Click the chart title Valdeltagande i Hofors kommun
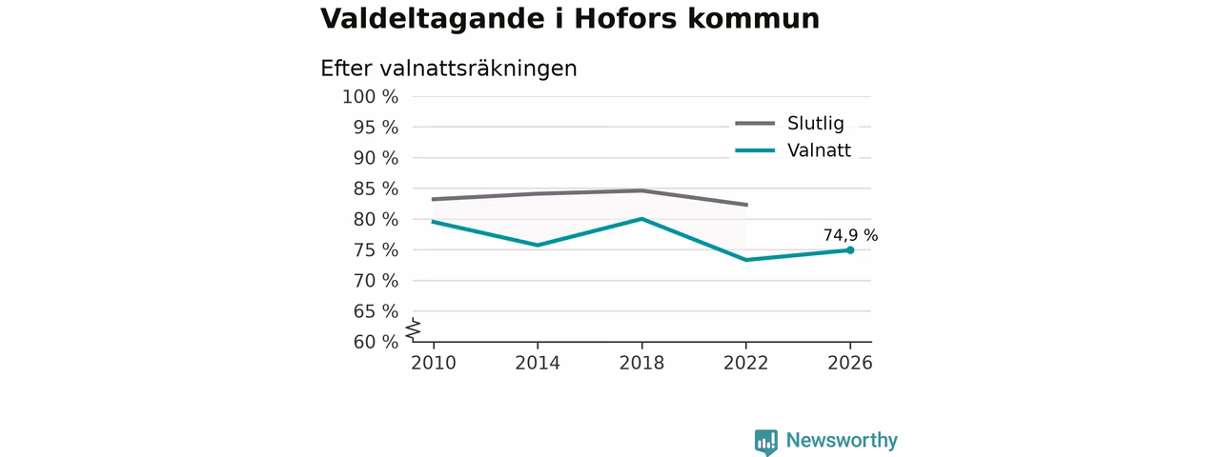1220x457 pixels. [570, 19]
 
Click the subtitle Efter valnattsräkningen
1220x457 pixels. [448, 70]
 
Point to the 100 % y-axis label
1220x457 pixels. [371, 97]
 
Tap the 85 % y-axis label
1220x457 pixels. [376, 189]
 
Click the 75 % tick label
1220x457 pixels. [376, 250]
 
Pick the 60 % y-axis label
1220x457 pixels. [376, 342]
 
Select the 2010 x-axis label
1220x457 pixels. [434, 363]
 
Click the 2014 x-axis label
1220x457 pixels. [538, 363]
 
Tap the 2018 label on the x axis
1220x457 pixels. [641, 363]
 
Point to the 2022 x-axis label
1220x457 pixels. [745, 363]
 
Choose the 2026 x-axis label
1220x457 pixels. [849, 363]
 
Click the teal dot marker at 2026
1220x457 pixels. [850, 250]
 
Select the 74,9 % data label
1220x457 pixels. [850, 235]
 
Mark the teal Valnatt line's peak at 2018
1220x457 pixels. [642, 219]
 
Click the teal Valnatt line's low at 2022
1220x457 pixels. [745, 260]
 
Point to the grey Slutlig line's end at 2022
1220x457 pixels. [746, 205]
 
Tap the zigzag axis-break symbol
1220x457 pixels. [414, 329]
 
